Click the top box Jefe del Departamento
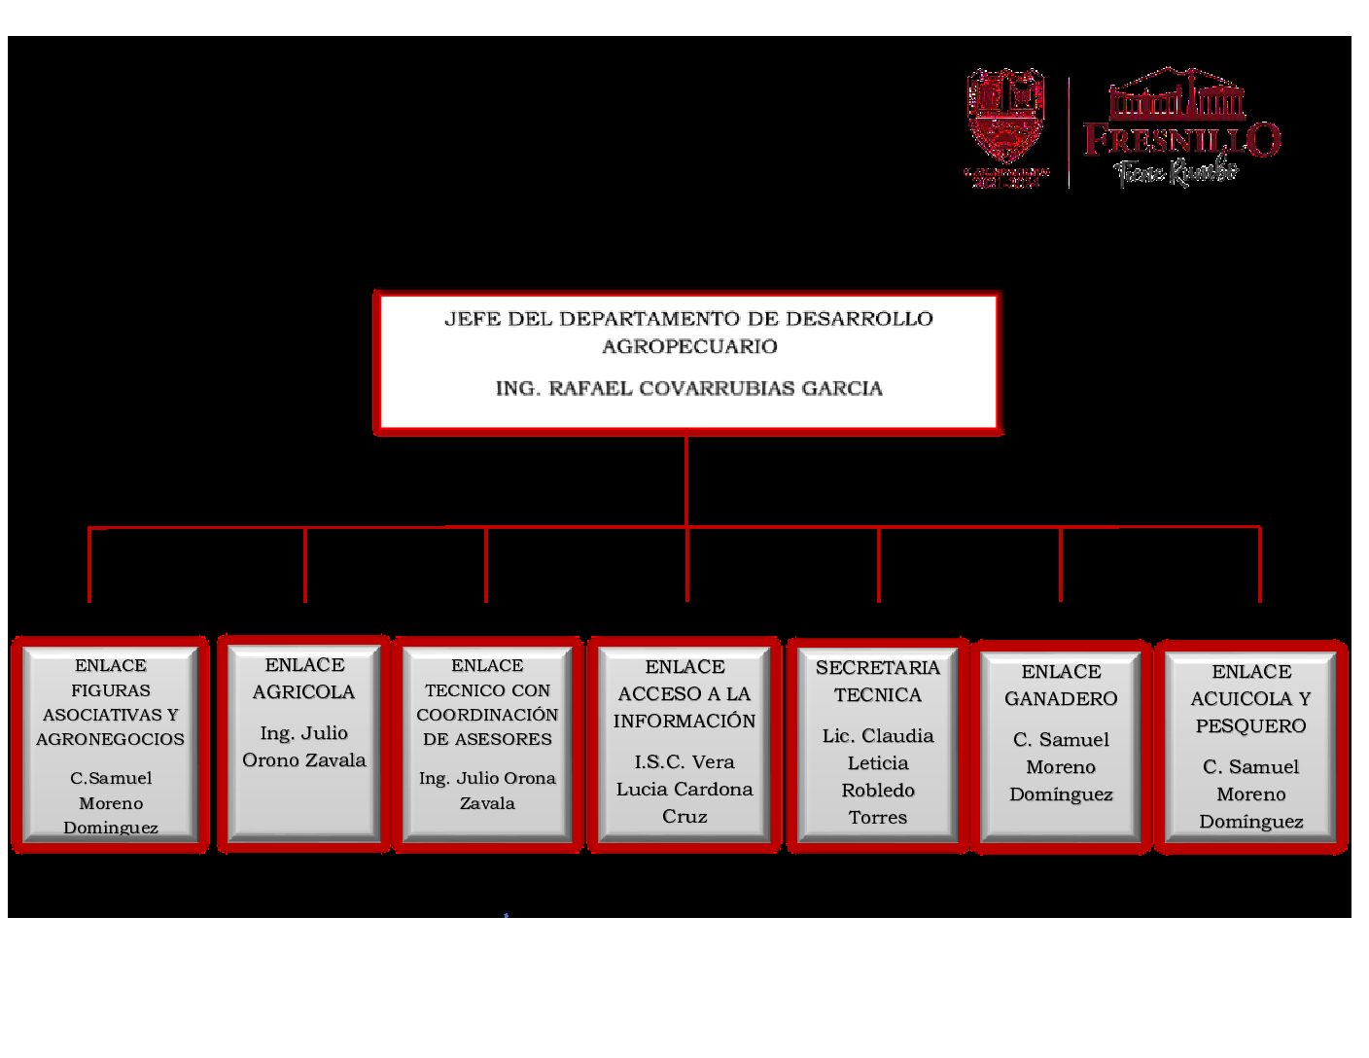click(688, 361)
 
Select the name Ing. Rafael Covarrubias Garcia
click(688, 389)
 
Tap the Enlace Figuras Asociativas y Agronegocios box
click(110, 744)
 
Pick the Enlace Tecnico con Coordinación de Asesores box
click(487, 744)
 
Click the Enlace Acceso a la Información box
click(684, 744)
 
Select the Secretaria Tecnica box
click(878, 744)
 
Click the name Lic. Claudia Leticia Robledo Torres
click(878, 776)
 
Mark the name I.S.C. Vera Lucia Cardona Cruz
click(684, 789)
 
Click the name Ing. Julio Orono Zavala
click(304, 747)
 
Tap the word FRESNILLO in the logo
click(1181, 140)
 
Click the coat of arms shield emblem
click(1005, 114)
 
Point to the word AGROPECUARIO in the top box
click(689, 346)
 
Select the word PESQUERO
click(1250, 725)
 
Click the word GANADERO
click(1061, 698)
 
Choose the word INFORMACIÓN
click(684, 721)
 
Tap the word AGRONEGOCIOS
click(110, 739)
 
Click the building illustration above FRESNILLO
click(1177, 94)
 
